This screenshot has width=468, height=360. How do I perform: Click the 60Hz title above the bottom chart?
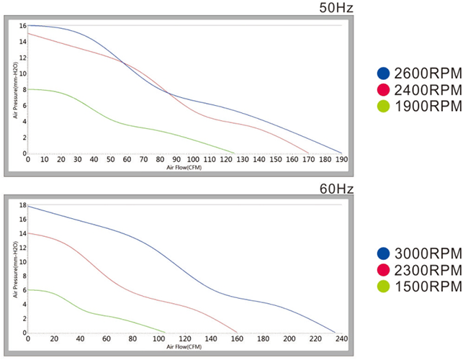pyautogui.click(x=336, y=189)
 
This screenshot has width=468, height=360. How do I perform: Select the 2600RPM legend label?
pyautogui.click(x=428, y=73)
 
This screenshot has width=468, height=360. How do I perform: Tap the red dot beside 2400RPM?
pyautogui.click(x=383, y=90)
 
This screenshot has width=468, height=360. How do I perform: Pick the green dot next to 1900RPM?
pyautogui.click(x=383, y=107)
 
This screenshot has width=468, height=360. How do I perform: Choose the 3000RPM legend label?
pyautogui.click(x=428, y=253)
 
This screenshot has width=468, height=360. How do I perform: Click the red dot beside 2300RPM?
pyautogui.click(x=383, y=270)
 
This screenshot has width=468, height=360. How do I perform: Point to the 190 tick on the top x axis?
pyautogui.click(x=341, y=160)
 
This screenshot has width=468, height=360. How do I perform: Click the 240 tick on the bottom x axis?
pyautogui.click(x=341, y=339)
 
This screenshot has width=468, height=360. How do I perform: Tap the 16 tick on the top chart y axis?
pyautogui.click(x=23, y=26)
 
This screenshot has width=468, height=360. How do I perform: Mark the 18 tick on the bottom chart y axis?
pyautogui.click(x=23, y=206)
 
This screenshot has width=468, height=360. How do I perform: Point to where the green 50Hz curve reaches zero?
pyautogui.click(x=235, y=153)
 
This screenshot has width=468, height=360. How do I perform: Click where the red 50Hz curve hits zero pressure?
pyautogui.click(x=309, y=153)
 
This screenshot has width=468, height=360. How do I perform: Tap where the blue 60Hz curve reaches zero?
pyautogui.click(x=335, y=333)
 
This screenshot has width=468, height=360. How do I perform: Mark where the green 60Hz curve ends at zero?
pyautogui.click(x=165, y=333)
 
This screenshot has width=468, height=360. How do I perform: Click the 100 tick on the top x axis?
pyautogui.click(x=192, y=160)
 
